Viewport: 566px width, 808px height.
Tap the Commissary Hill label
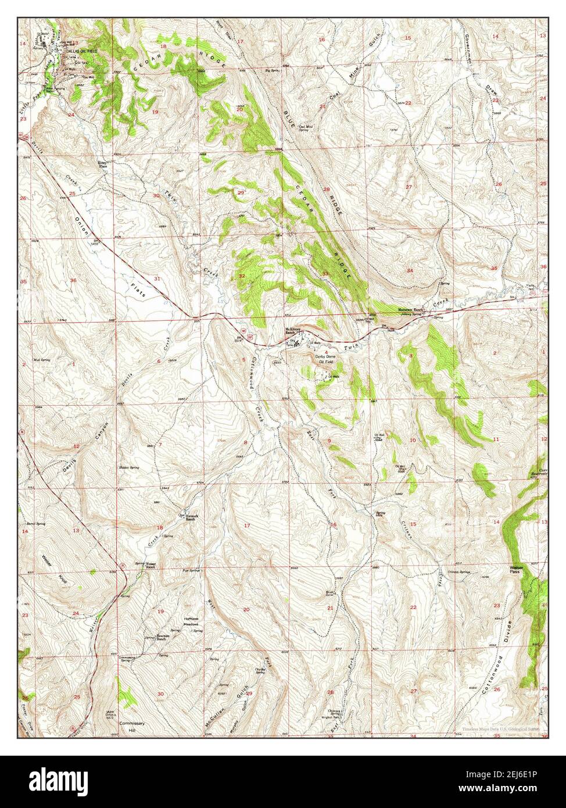[131, 727]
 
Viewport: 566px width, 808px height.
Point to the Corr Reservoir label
[542, 471]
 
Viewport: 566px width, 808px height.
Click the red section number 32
[241, 276]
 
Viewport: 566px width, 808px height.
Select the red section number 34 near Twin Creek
[410, 270]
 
